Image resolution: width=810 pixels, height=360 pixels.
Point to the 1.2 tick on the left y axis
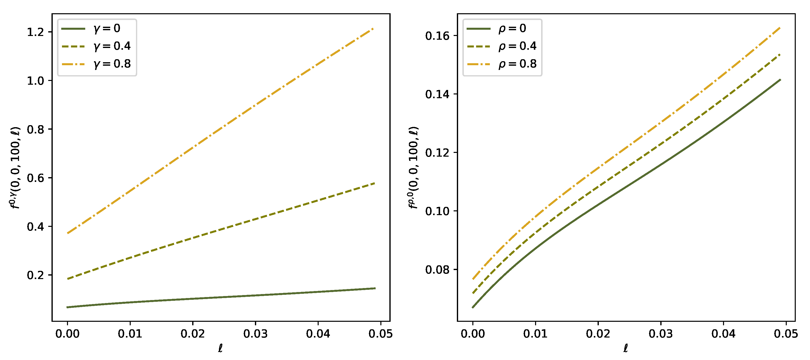point(35,32)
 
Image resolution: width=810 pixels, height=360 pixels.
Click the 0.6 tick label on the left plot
point(35,178)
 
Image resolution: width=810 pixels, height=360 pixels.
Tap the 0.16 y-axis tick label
point(437,36)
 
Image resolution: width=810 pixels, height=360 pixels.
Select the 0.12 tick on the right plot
point(437,153)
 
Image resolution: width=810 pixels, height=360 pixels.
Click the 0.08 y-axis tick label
point(437,270)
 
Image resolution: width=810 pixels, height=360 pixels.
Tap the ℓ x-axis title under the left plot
point(220,348)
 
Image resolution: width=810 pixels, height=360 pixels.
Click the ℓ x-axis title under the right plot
point(626,348)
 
